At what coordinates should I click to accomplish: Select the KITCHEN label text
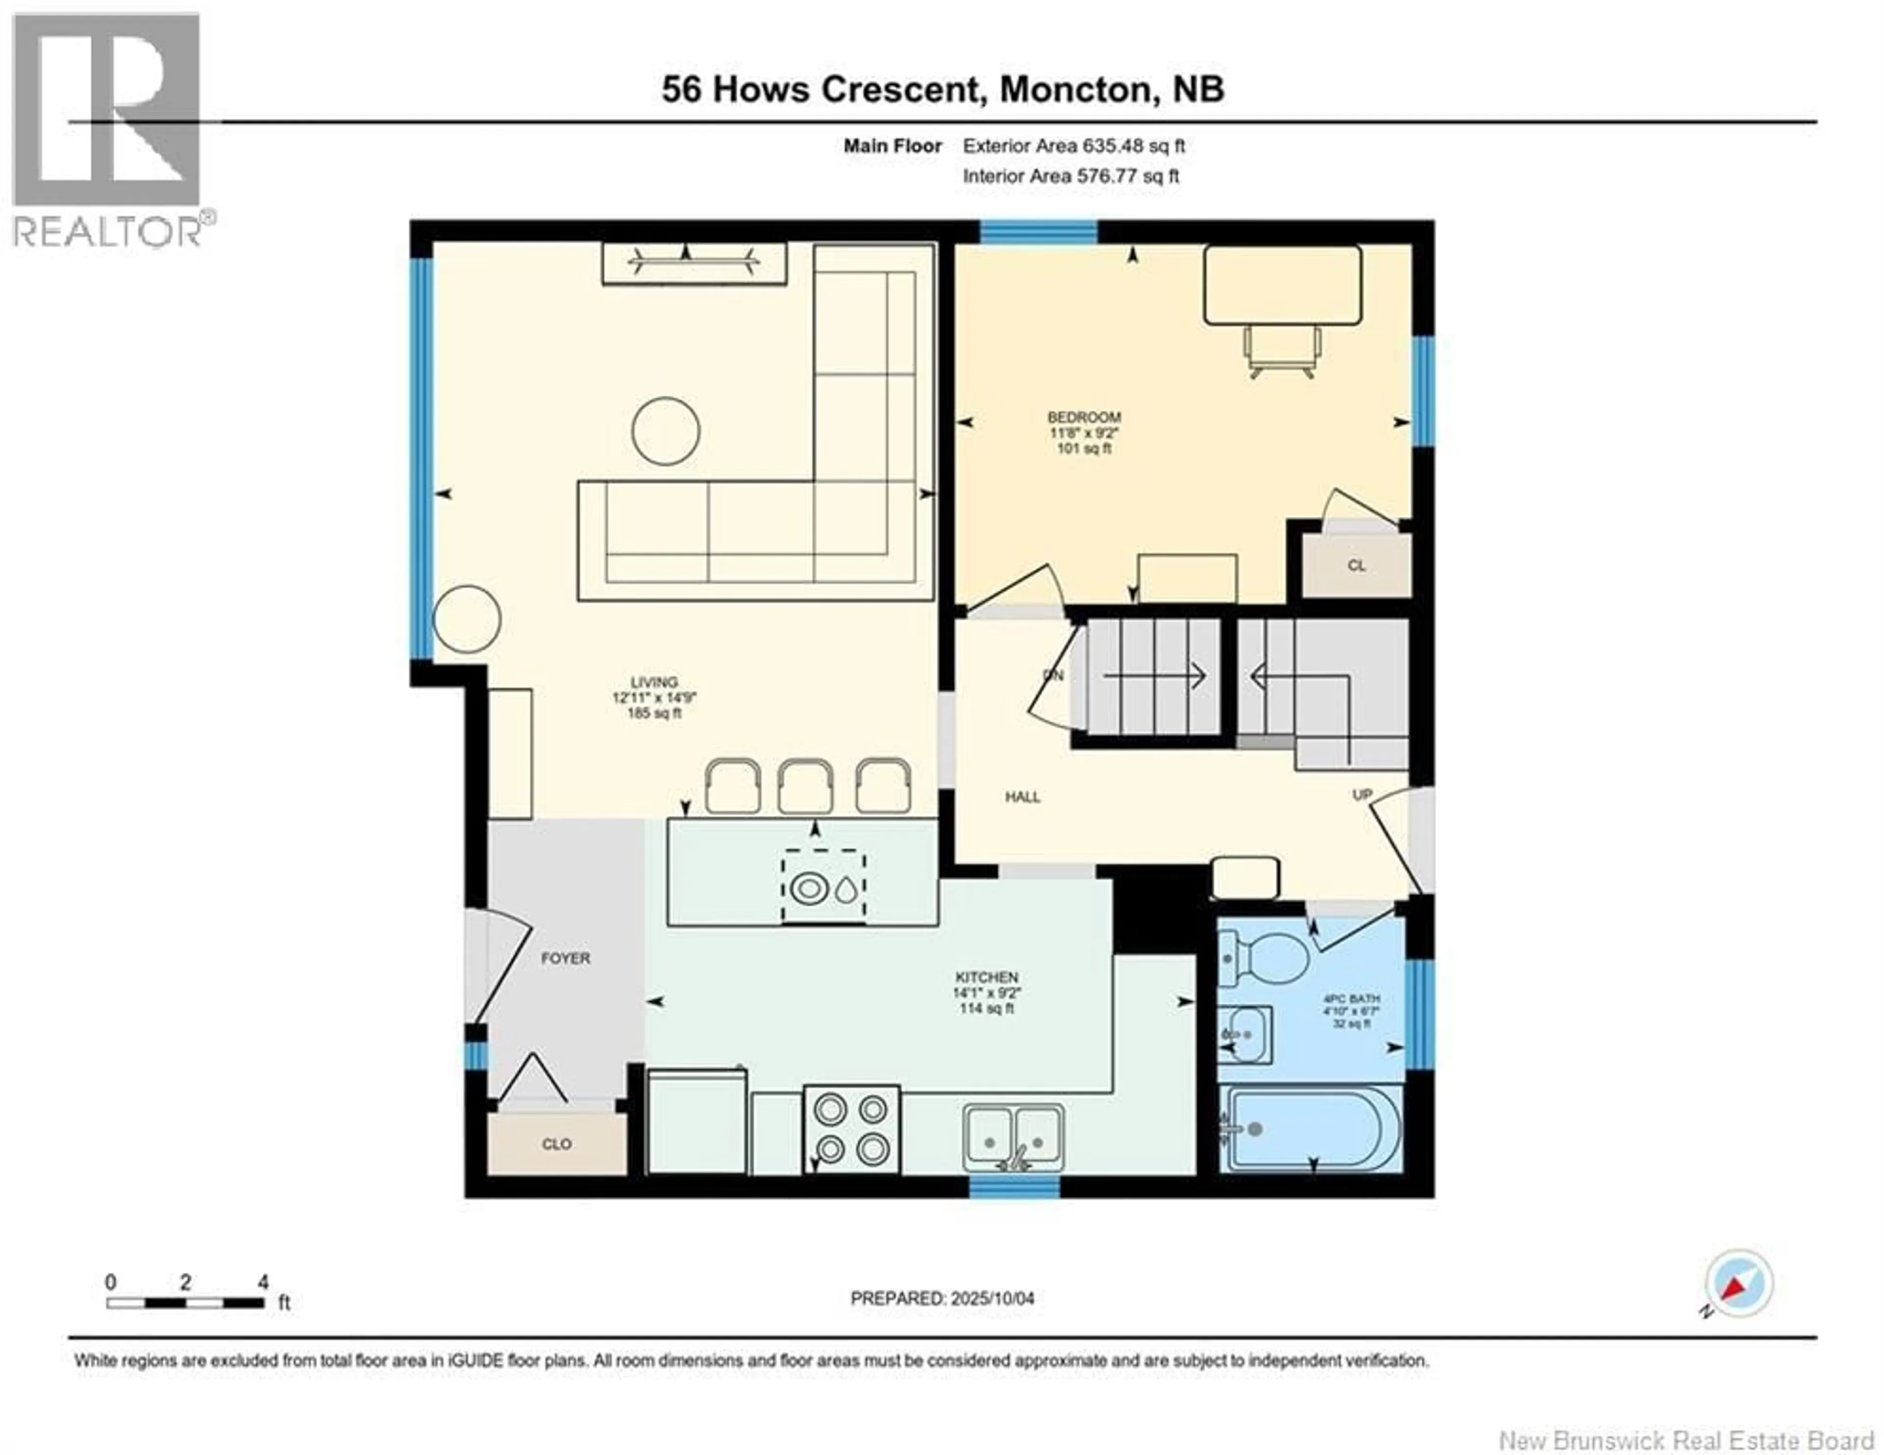[x=987, y=977]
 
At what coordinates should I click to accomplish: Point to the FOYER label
[x=566, y=958]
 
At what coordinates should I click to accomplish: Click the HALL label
[x=1022, y=797]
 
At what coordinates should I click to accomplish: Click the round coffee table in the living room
[x=665, y=431]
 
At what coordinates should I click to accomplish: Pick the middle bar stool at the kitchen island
[x=806, y=786]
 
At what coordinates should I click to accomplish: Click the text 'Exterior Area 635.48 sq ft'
[x=1074, y=146]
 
